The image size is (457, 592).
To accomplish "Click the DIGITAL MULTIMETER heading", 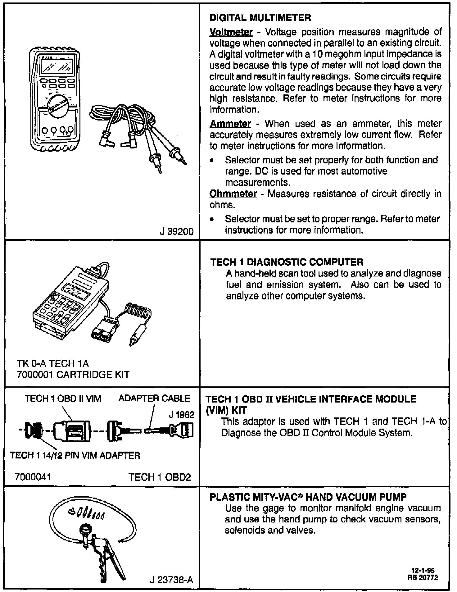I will pyautogui.click(x=260, y=18).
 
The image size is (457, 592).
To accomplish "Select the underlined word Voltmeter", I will pyautogui.click(x=231, y=32).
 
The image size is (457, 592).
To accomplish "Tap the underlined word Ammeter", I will pyautogui.click(x=230, y=124).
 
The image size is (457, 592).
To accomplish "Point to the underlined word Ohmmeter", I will pyautogui.click(x=233, y=194).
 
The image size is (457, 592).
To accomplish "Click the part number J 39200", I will pyautogui.click(x=176, y=231).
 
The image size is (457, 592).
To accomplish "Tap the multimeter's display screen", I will pyautogui.click(x=57, y=66).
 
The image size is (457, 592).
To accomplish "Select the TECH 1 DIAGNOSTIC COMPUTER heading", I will pyautogui.click(x=287, y=262).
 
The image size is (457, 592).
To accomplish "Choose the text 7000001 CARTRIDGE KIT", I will pyautogui.click(x=73, y=375).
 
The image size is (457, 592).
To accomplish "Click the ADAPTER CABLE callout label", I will pyautogui.click(x=154, y=398).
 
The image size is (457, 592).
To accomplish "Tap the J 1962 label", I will pyautogui.click(x=182, y=415).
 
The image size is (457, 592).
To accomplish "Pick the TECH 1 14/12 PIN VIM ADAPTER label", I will pyautogui.click(x=75, y=456).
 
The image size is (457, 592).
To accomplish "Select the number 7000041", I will pyautogui.click(x=33, y=476).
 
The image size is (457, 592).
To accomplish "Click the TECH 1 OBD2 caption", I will pyautogui.click(x=160, y=477).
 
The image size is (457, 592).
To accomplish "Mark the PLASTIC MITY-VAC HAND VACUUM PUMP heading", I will pyautogui.click(x=308, y=497).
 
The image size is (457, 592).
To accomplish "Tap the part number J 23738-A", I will pyautogui.click(x=171, y=580).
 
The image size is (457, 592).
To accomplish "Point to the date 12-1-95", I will pyautogui.click(x=423, y=571).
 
